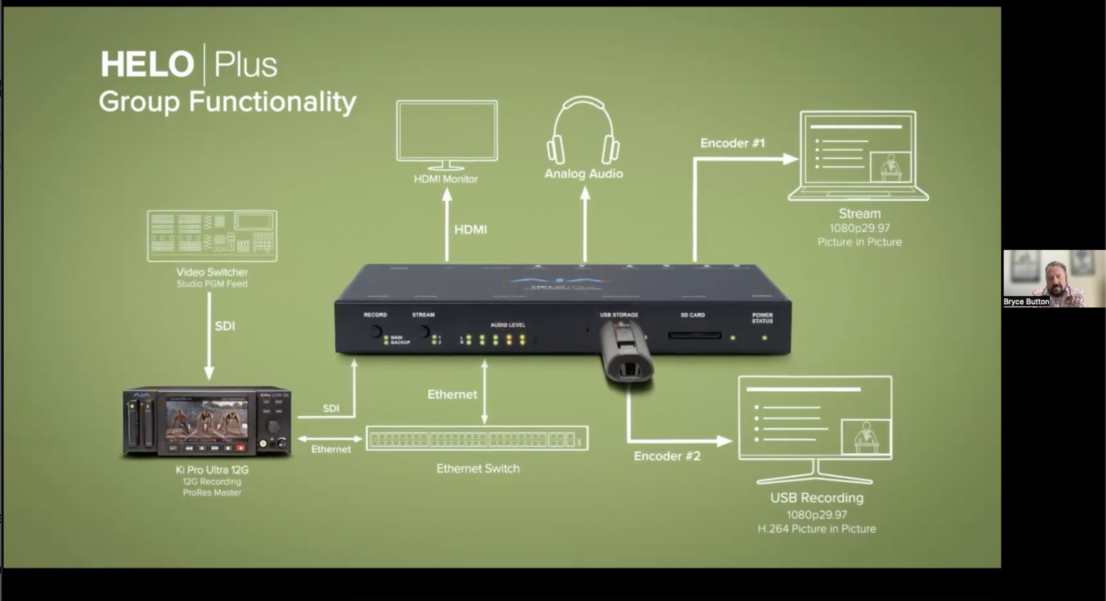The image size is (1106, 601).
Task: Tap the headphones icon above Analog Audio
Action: (583, 131)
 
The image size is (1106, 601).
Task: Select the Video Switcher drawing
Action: (212, 236)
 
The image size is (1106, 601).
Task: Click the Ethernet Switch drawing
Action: (477, 439)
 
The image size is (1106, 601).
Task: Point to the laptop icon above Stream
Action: (858, 156)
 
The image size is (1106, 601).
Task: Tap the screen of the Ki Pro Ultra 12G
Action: (206, 419)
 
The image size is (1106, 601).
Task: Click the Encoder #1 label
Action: (732, 143)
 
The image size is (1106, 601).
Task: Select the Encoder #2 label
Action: (667, 456)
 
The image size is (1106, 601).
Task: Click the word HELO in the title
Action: (148, 64)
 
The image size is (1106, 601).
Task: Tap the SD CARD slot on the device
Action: (694, 336)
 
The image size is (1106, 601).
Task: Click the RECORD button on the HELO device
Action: (375, 332)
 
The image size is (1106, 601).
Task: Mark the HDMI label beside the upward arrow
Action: (470, 229)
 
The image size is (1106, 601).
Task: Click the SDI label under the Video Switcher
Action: (224, 326)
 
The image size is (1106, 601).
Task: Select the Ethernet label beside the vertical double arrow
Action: (452, 394)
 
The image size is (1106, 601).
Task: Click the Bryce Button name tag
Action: (1026, 302)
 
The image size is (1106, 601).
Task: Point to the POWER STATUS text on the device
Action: (762, 318)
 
